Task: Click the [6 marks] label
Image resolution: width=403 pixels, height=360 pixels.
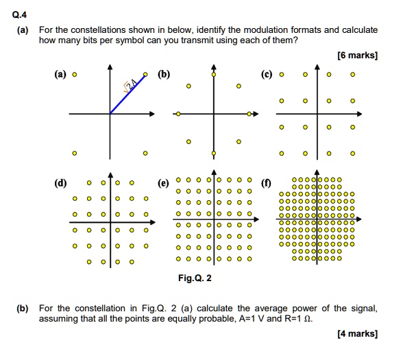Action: coord(357,56)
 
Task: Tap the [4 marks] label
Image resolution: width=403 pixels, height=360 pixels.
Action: coord(357,333)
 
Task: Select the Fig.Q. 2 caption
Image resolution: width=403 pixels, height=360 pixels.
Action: coord(195,278)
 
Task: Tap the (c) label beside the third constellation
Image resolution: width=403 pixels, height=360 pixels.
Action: coord(266,74)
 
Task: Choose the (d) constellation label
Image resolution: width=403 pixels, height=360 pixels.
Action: coord(60,184)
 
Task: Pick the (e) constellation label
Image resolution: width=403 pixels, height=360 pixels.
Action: coord(162,184)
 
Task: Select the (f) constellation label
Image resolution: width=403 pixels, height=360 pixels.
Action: coord(266,184)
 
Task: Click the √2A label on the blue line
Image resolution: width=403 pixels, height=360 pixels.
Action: coord(130,84)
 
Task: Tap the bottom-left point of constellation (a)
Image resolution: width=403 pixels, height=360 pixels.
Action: coord(75,152)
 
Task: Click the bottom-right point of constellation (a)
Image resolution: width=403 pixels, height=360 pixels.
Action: coord(145,152)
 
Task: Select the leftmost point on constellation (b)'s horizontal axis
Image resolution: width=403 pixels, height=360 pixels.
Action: coord(178,113)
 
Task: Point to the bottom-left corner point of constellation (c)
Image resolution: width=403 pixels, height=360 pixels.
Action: coord(280,152)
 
